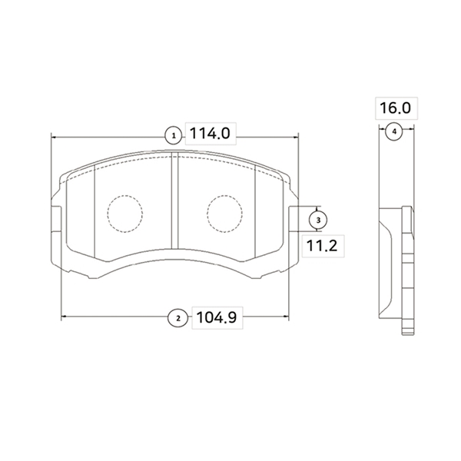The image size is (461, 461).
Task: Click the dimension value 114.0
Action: tap(210, 134)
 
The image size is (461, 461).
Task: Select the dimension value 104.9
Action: tap(217, 317)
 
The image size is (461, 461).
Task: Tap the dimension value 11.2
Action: tap(322, 246)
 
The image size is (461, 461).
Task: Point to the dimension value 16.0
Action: tap(396, 108)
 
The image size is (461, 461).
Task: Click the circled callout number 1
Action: tap(174, 135)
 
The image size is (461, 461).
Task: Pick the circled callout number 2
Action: tap(177, 318)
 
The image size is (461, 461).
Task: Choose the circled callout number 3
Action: tap(318, 220)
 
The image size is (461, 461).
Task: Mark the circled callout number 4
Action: tap(394, 131)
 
